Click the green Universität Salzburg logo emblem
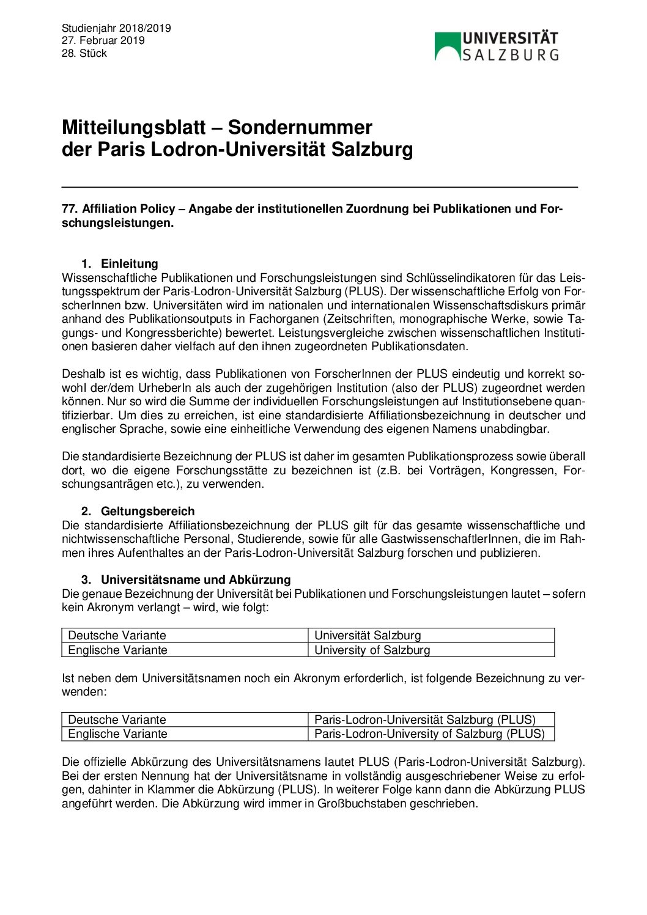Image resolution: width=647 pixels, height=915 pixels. pyautogui.click(x=448, y=47)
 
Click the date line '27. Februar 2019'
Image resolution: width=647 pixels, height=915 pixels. pyautogui.click(x=103, y=40)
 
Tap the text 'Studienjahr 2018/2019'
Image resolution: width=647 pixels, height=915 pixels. pyautogui.click(x=116, y=28)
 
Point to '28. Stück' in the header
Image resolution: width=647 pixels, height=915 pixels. pyautogui.click(x=84, y=53)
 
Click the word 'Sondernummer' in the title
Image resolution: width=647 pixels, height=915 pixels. pyautogui.click(x=300, y=128)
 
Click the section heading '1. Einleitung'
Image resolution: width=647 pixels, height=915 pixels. pyautogui.click(x=120, y=263)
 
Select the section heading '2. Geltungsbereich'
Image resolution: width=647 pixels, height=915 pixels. pyautogui.click(x=138, y=511)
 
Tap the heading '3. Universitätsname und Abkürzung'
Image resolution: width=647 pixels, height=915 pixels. pyautogui.click(x=186, y=579)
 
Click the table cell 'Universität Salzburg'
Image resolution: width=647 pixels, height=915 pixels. pyautogui.click(x=368, y=636)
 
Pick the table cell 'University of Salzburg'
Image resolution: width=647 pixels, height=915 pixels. pyautogui.click(x=372, y=650)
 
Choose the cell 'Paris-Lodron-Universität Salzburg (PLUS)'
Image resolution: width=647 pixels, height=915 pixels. pyautogui.click(x=424, y=719)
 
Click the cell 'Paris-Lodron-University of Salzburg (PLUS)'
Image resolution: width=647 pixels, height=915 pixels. pyautogui.click(x=429, y=733)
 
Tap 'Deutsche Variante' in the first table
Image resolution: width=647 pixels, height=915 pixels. pyautogui.click(x=117, y=636)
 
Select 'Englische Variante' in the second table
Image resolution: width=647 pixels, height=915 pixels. pyautogui.click(x=117, y=733)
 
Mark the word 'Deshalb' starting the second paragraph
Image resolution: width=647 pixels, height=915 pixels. pyautogui.click(x=82, y=373)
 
